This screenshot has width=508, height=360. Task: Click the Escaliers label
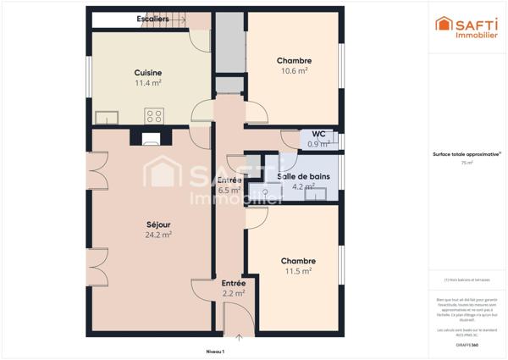(152, 18)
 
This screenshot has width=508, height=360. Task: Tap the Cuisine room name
(148, 73)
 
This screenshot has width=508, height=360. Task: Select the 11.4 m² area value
(148, 84)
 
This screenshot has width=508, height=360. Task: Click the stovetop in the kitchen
(154, 116)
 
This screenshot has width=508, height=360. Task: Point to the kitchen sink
(107, 117)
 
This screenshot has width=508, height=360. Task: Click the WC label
(318, 133)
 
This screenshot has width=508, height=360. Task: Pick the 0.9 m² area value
(318, 144)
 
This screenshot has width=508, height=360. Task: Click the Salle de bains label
(304, 176)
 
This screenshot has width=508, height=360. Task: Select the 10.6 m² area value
(293, 72)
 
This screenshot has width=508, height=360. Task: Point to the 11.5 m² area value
(298, 272)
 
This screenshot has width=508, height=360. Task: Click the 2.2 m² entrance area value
(234, 294)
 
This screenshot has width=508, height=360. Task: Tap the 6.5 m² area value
(229, 191)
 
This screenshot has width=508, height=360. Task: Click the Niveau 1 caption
(215, 350)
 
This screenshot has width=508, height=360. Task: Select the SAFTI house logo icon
(443, 24)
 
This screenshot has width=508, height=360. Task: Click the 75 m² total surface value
(467, 163)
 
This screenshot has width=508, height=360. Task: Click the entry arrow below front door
(238, 338)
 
